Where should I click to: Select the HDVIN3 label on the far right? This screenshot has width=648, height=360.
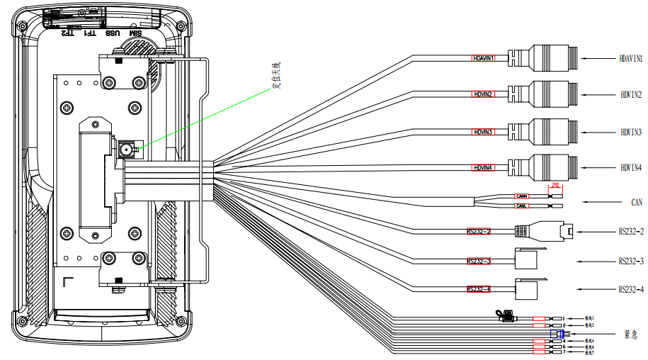(x=631, y=132)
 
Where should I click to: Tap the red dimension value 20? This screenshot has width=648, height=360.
(x=555, y=184)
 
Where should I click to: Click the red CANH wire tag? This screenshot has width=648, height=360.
(x=522, y=196)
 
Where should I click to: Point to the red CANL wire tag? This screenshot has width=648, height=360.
(x=522, y=206)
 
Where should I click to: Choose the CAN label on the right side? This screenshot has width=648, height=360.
(x=637, y=202)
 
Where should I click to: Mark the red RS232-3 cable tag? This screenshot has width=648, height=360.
(x=479, y=261)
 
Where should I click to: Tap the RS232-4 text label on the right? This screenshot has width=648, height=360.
(x=631, y=289)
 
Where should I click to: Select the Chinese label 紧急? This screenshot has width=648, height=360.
(x=631, y=333)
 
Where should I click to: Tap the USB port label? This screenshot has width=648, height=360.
(x=112, y=33)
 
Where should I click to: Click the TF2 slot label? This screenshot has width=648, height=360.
(x=67, y=32)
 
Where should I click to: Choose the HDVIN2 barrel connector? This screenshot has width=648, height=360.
(x=549, y=94)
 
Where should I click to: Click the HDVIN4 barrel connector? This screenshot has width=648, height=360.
(x=549, y=167)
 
